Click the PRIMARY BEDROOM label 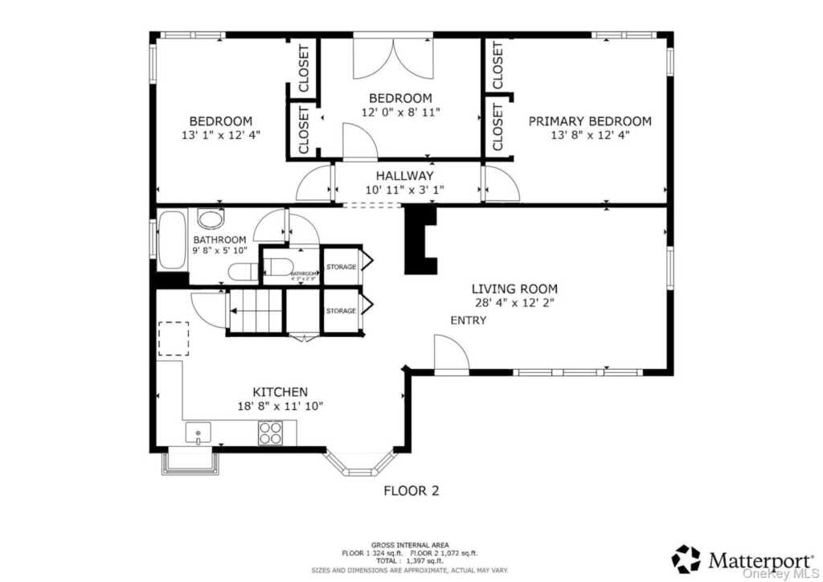(589, 121)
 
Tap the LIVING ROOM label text (514, 289)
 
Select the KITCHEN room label (280, 392)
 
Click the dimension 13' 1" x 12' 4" (220, 136)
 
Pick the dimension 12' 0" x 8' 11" (400, 113)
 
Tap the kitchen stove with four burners (269, 433)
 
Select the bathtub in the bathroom (171, 240)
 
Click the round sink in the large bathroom (211, 219)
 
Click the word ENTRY (468, 321)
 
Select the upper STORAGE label (341, 267)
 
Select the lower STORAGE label (341, 311)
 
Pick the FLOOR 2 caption (411, 490)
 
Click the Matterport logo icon (686, 559)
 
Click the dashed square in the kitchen (173, 338)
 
